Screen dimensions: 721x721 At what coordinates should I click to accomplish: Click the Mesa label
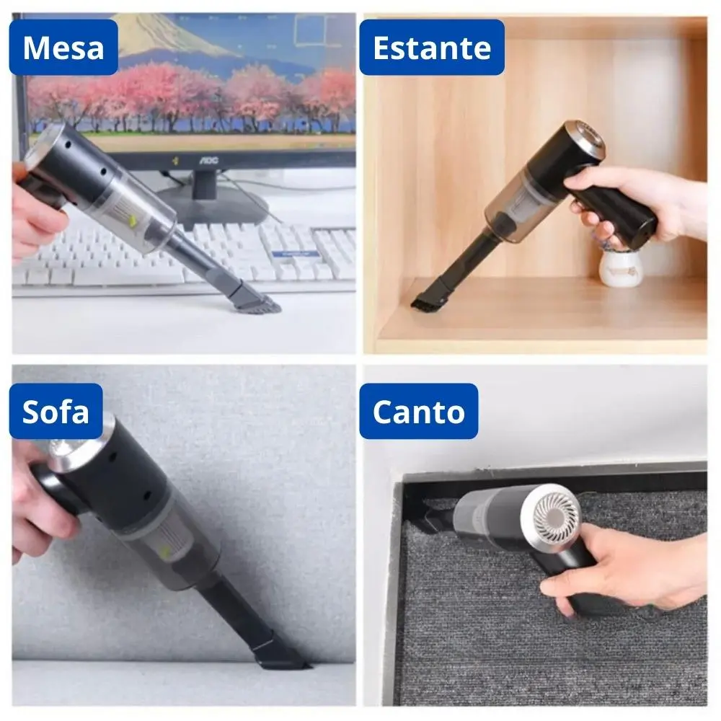pos(63,48)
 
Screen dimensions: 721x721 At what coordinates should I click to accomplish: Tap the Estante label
pos(431,48)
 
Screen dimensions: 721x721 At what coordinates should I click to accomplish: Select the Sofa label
pos(56,411)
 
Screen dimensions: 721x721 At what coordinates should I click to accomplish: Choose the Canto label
pos(418,411)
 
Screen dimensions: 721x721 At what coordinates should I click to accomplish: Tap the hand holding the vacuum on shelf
pos(627,202)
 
